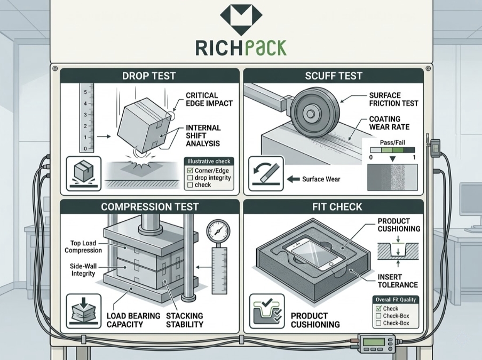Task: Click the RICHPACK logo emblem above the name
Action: coord(241,20)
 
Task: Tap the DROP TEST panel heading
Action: coord(149,76)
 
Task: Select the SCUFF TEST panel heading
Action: coord(333,76)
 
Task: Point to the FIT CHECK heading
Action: coord(333,206)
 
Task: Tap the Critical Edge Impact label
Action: coord(209,99)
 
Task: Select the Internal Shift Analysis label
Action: coord(203,135)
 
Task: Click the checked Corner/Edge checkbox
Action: coord(189,171)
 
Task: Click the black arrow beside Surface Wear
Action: coord(293,179)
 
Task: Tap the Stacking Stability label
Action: coord(185,320)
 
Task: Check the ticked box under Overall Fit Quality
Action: coord(378,308)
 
